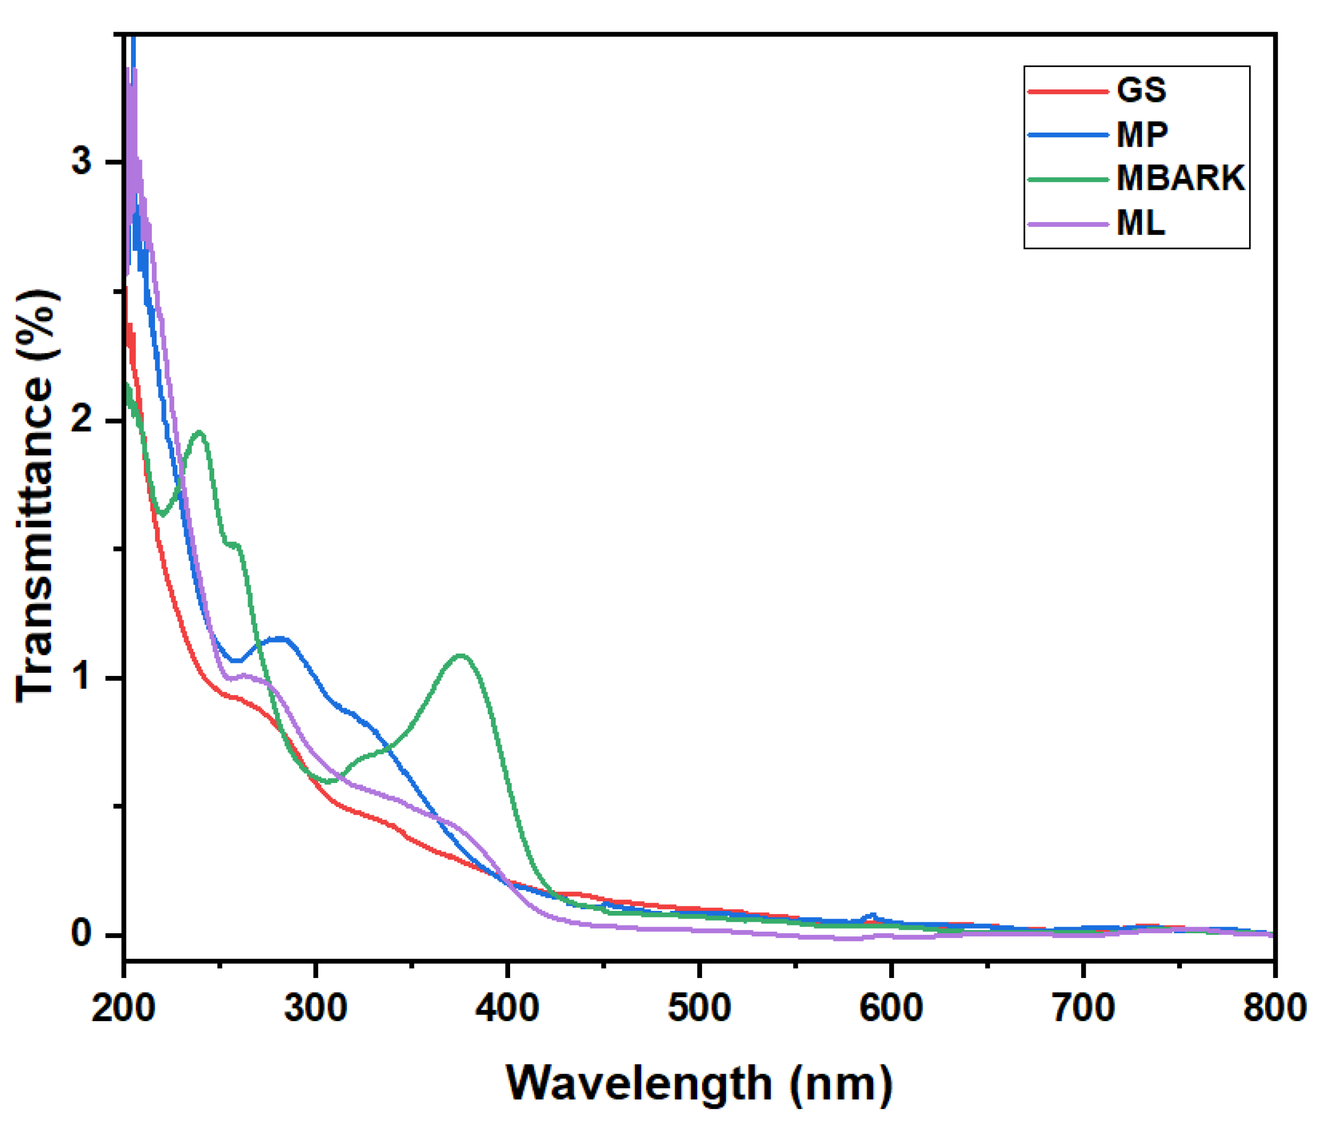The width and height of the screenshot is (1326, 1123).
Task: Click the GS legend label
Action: (1141, 90)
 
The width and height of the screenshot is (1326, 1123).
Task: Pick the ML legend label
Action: (1140, 223)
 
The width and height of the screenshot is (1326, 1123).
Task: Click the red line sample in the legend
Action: (1068, 91)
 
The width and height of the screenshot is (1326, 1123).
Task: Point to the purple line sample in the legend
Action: (1068, 224)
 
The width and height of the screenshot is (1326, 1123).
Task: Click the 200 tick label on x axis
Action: (123, 1008)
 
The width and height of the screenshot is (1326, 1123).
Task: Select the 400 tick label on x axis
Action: (508, 1008)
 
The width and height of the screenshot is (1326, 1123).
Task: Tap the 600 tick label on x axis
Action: (891, 1008)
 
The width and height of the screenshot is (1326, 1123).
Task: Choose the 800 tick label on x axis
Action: (1275, 1008)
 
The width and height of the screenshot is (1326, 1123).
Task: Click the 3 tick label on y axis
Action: (82, 162)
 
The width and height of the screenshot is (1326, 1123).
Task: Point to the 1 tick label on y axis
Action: (82, 677)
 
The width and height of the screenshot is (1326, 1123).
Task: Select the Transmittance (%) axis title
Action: (37, 497)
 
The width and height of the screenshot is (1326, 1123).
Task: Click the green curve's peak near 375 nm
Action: (460, 655)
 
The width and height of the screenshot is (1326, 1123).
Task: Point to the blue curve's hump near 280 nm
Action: (279, 638)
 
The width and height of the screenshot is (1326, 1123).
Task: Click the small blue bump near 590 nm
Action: (873, 916)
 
